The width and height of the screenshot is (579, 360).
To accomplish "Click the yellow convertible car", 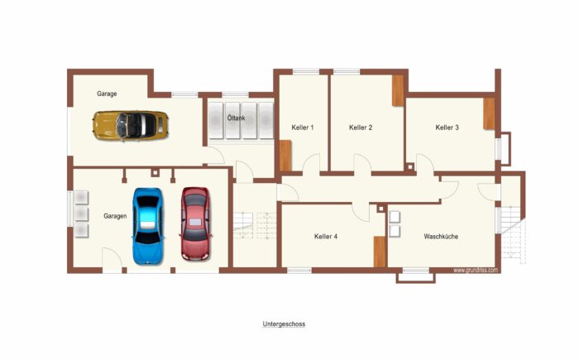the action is coord(131,125).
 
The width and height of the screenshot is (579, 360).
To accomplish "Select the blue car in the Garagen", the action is coord(148,226).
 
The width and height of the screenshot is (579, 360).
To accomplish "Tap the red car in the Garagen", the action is coord(196,224).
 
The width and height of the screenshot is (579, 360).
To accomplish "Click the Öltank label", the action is coord(236,118).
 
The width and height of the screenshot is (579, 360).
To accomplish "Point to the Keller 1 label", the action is coord(303,127).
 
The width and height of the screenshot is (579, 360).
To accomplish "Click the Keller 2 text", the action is coord(361,127).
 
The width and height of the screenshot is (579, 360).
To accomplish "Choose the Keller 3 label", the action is coord(447,127).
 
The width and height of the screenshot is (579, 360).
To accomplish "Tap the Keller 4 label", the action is coord(326,236).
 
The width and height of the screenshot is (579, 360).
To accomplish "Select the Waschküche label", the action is coord(441,236).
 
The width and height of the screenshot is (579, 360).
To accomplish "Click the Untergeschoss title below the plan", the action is coord(284,324).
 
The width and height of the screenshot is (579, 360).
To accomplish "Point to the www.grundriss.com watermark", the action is coord(476,270).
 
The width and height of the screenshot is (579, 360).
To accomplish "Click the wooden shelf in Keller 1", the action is coord(285,156).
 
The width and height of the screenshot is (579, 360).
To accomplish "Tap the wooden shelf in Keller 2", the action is coord(398,90).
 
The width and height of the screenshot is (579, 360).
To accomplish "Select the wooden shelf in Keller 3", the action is coord(489,114).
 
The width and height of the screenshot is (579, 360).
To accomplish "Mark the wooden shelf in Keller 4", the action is coord(380,252).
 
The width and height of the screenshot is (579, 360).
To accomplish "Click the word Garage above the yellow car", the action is coord(107,94).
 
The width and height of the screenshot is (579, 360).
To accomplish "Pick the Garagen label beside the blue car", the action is coord(115,216).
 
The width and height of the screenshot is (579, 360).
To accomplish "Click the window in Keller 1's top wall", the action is coord(306,72).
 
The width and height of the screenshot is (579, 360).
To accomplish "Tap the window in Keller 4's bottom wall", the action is coord(299,271).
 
